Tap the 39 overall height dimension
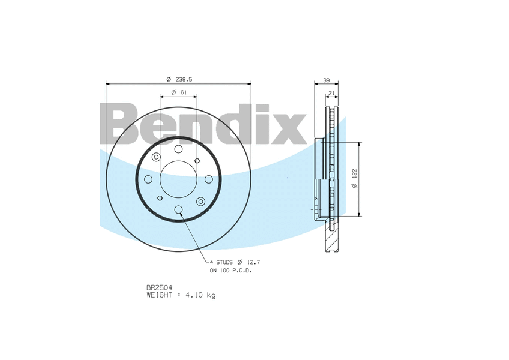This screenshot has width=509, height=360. point(326,80)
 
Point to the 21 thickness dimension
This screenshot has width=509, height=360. point(331,93)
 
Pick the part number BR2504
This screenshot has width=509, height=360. point(159,288)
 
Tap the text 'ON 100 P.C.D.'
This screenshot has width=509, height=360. point(230,271)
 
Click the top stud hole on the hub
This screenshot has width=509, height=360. point(179,149)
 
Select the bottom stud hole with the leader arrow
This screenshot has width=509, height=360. point(179,209)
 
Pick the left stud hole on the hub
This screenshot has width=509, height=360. point(148,179)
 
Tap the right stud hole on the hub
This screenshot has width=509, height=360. point(209,179)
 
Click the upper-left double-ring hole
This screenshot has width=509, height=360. point(157,157)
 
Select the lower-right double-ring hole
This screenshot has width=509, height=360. point(200,201)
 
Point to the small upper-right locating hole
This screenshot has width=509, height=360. point(197,160)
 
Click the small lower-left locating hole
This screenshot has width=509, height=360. point(160,198)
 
